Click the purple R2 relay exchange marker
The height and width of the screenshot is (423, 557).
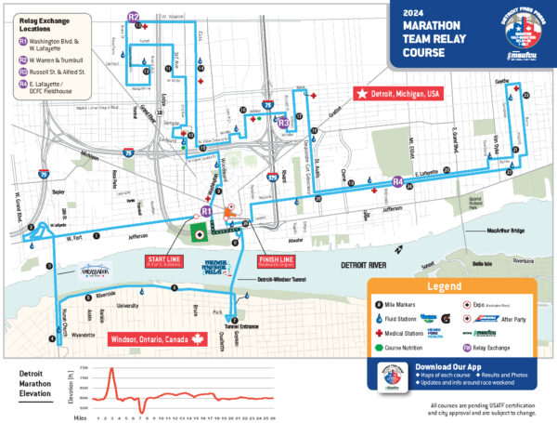134,17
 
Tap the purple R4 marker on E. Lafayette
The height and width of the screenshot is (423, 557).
397,181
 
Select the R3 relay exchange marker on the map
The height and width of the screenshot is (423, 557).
284,122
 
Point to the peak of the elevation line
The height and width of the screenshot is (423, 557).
111,369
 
